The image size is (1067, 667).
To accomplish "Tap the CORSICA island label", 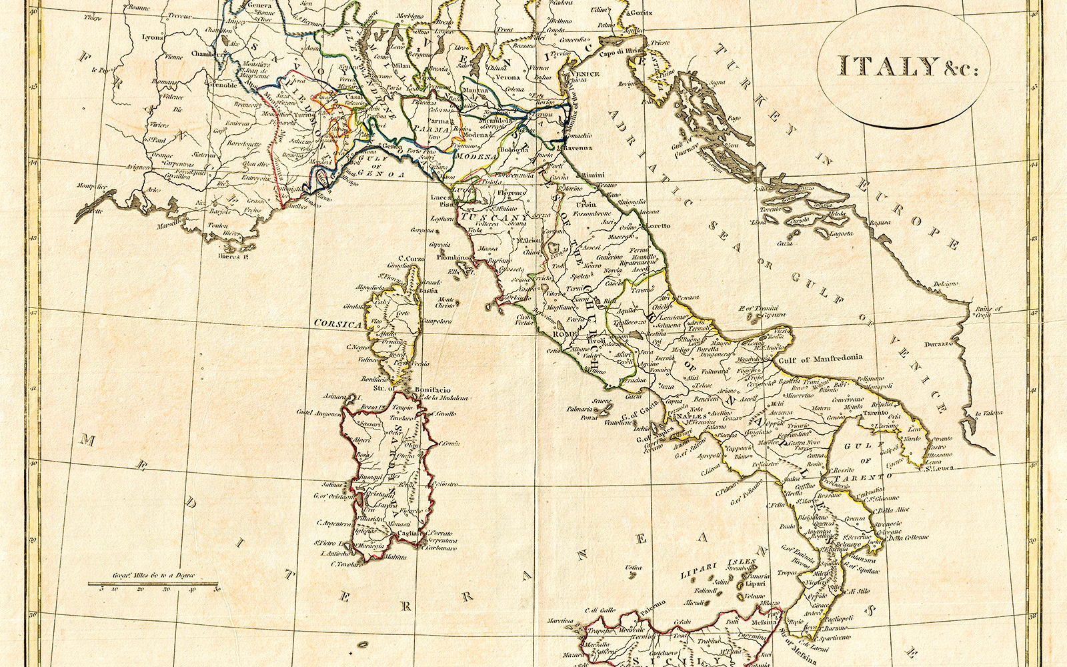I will click(x=337, y=323).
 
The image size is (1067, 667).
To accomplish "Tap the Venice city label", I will click(x=584, y=74).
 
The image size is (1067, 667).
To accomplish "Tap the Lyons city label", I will click(x=152, y=37).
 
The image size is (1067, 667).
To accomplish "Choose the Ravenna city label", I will click(x=574, y=147).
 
